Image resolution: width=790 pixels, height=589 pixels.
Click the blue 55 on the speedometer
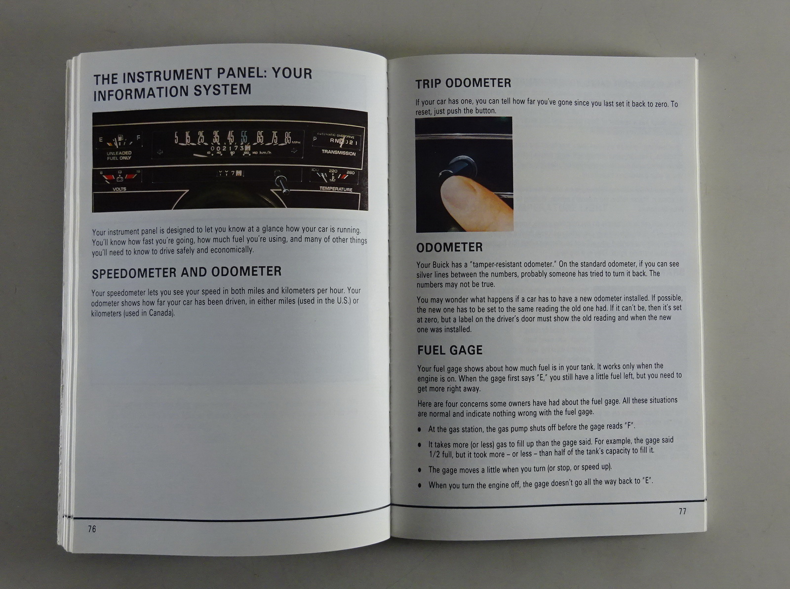244,137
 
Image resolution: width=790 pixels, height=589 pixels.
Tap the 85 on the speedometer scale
287,138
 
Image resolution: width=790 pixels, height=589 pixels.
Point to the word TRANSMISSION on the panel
338,153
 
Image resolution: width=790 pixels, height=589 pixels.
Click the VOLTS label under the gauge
119,189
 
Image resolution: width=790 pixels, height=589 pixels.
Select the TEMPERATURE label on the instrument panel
336,189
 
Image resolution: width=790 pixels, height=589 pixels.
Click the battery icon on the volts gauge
119,178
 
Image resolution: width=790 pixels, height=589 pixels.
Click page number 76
92,529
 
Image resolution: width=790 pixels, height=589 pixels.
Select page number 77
682,511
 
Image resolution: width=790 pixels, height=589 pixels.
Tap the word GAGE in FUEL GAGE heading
466,350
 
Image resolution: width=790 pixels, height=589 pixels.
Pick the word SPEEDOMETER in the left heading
134,273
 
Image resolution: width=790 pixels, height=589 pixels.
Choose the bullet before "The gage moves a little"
420,470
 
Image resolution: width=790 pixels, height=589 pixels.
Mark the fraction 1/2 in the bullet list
434,454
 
